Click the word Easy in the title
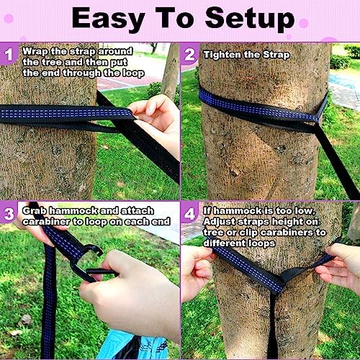click(108, 19)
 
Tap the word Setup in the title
click(250, 19)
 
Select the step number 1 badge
click(9, 54)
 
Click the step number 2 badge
click(189, 55)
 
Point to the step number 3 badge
click(9, 214)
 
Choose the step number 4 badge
click(189, 214)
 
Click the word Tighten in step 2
click(222, 55)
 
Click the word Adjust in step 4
click(219, 222)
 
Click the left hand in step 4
click(197, 272)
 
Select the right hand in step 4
click(341, 266)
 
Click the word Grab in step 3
click(35, 211)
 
